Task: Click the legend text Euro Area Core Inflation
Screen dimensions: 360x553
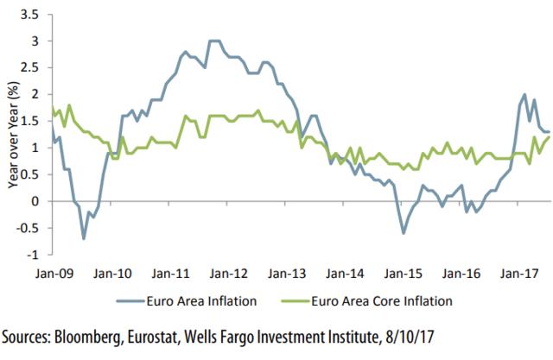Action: point(381,301)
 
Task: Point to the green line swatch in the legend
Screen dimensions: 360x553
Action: point(287,301)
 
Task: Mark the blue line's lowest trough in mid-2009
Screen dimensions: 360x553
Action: point(84,238)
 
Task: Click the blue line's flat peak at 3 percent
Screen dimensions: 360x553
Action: point(214,41)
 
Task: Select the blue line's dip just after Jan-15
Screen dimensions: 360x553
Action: point(404,233)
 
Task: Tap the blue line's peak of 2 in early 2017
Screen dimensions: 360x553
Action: point(525,94)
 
